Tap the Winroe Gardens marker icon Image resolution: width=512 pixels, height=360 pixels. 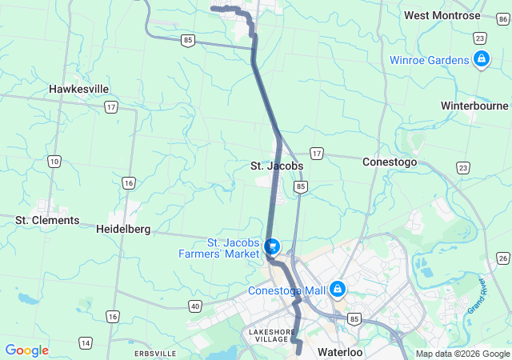coord(481,59)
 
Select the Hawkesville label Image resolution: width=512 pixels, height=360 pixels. coord(78,89)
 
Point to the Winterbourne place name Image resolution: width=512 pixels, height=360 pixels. coord(474,105)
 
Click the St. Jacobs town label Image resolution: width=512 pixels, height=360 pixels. coord(277,166)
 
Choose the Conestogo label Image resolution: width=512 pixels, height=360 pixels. coord(390,162)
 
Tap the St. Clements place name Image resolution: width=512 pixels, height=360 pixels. coord(47,220)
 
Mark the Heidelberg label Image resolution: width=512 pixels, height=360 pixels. coord(123,229)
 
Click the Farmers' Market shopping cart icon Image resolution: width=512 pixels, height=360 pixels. coord(272,246)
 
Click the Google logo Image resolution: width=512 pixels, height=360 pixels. coord(26,350)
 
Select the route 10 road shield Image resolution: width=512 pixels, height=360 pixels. coord(54,162)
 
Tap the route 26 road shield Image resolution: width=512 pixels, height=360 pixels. coord(502,257)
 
